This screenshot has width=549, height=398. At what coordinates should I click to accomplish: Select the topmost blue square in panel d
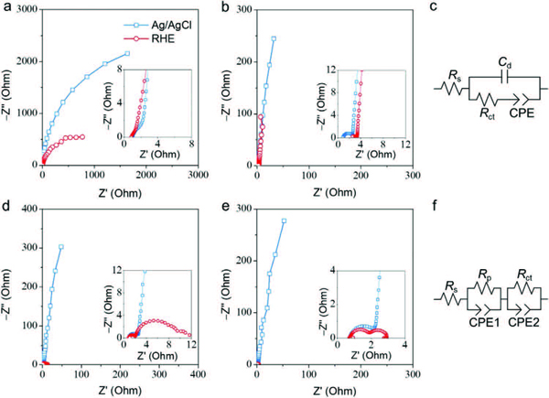[61, 247]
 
